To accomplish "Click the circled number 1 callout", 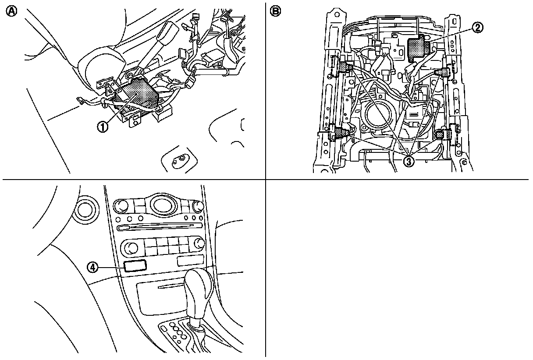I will [103, 127].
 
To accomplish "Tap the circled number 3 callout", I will [409, 161].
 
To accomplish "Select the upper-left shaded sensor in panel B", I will [346, 66].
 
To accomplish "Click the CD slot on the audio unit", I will [160, 226].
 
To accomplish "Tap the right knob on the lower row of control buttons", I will [200, 244].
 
